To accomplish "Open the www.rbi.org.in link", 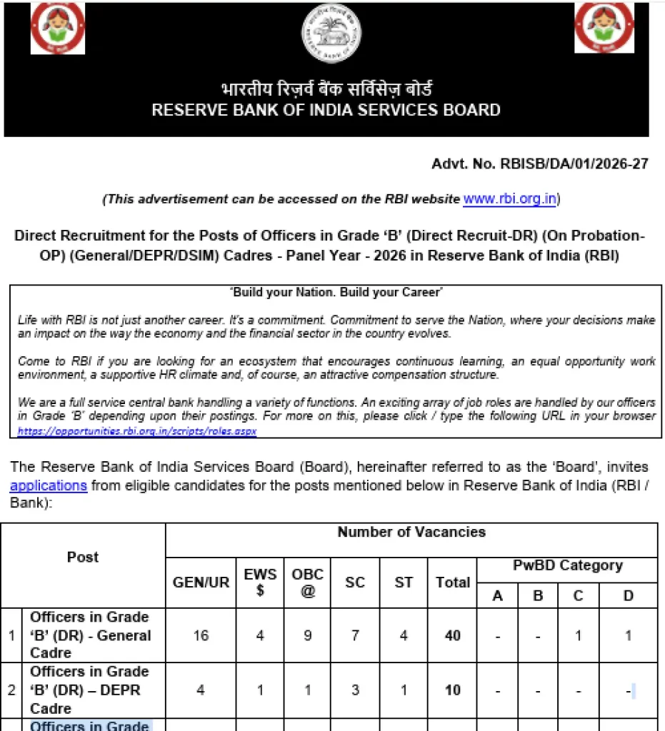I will pos(509,198).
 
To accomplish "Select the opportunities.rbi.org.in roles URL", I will pos(137,431).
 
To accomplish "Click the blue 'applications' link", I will pos(49,485).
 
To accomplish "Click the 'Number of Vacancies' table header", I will pos(411,533).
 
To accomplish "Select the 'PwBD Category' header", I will pos(567,565).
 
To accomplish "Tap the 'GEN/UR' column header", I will pos(201,582).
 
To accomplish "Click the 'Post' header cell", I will pos(83,557).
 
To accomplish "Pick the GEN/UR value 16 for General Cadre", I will pos(201,635).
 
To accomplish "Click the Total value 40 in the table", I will pos(453,635).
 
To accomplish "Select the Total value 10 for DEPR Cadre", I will pos(453,690).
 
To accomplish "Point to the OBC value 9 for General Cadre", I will pos(308,635).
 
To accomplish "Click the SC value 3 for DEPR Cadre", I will pos(355,690).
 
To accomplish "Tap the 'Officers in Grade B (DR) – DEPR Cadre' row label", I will pos(89,690).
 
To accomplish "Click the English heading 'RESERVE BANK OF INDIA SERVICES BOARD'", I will pos(326,110).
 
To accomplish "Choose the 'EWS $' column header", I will pos(260,582).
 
